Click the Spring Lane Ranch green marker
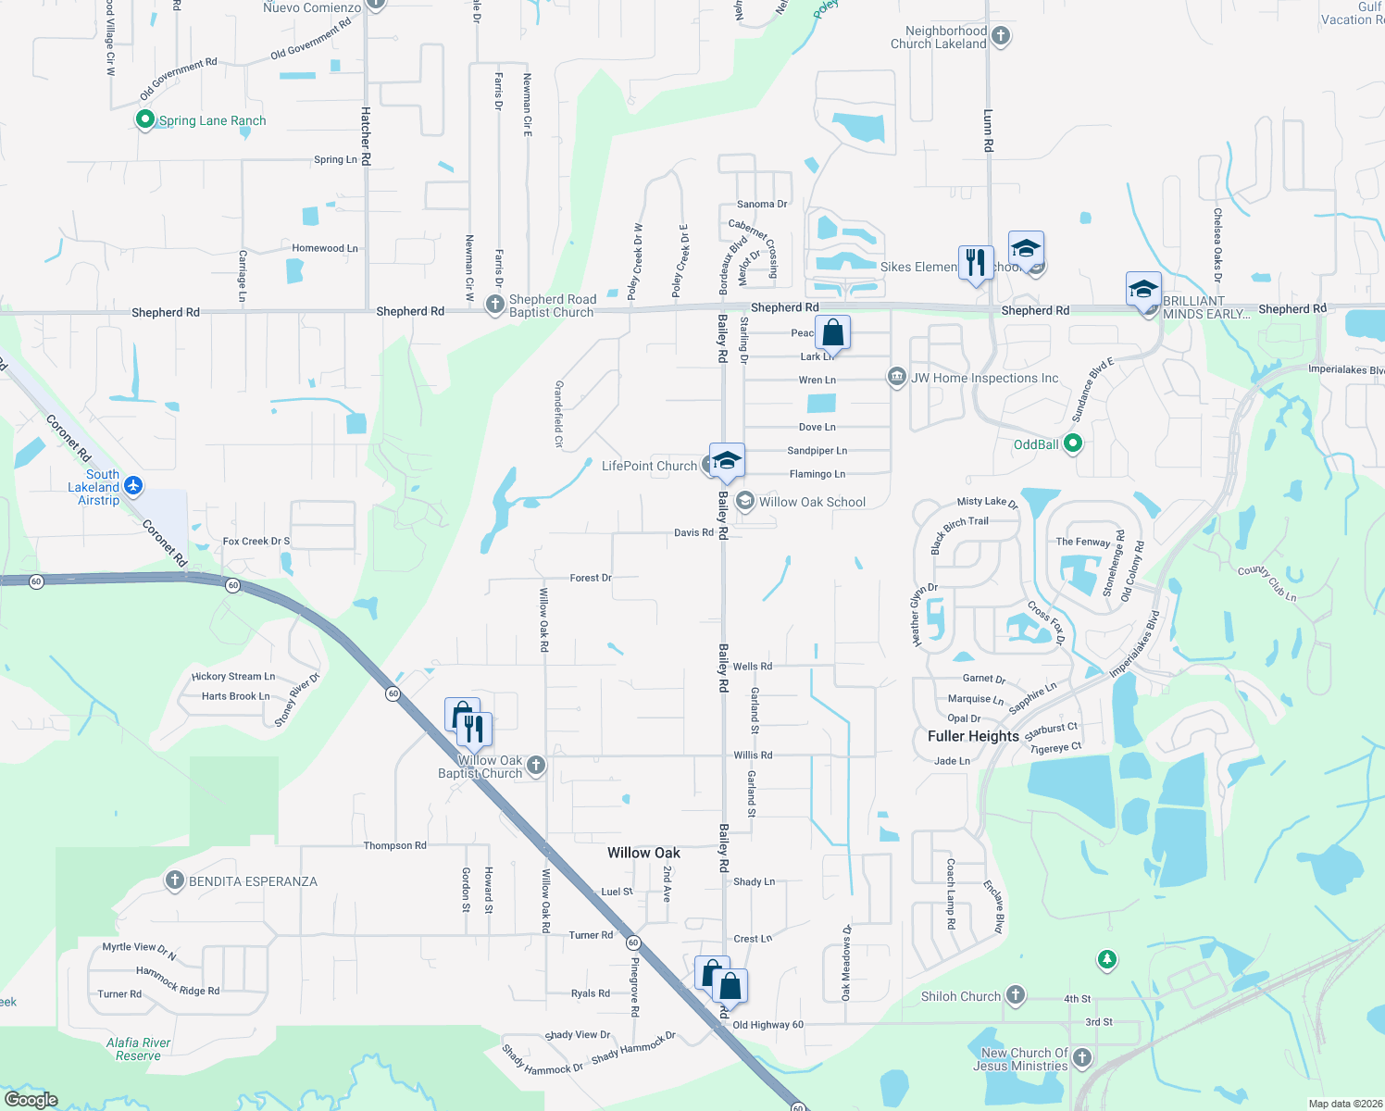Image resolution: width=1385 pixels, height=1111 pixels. [x=144, y=119]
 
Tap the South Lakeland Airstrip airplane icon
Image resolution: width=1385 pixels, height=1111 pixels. [x=133, y=485]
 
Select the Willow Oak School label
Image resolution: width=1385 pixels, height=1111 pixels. [x=812, y=502]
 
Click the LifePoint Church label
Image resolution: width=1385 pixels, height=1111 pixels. [x=649, y=466]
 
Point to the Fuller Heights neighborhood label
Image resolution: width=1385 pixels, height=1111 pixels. [x=973, y=736]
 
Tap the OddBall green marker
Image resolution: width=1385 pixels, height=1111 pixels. [x=1073, y=443]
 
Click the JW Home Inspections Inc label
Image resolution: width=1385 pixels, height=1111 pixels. [x=984, y=378]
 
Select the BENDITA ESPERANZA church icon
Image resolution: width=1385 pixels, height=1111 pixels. [x=174, y=880]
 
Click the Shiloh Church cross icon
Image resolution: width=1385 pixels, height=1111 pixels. [x=1016, y=995]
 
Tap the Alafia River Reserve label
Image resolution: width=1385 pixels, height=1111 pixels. [x=138, y=1049]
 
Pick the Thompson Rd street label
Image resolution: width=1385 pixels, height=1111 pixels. [x=394, y=845]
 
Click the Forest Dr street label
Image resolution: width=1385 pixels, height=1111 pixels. [x=591, y=578]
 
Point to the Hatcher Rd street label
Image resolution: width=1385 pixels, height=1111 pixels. [x=366, y=136]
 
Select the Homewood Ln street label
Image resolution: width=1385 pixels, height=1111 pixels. [x=324, y=248]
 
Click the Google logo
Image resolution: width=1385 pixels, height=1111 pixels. [x=31, y=1100]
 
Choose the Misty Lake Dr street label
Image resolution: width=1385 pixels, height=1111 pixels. [x=987, y=502]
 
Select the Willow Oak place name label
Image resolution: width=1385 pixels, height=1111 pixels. [x=643, y=853]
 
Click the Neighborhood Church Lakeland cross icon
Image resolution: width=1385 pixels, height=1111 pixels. [x=1000, y=36]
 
